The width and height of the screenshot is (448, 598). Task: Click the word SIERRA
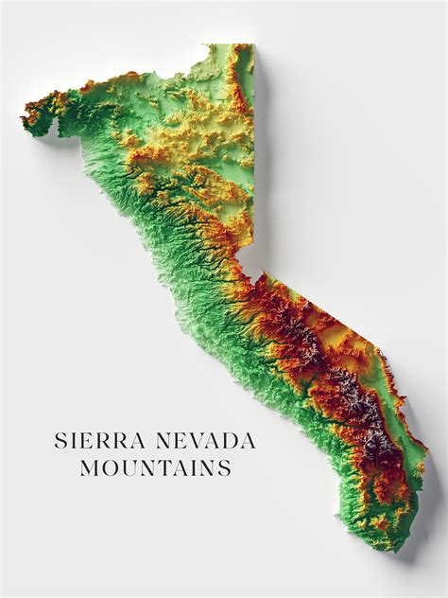pos(95,441)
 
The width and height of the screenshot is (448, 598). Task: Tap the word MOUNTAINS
pos(156,467)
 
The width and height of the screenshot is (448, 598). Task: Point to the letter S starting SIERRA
pos(60,441)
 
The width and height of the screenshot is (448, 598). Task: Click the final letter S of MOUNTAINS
pos(225,467)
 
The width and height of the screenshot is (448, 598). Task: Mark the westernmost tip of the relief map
pos(23,118)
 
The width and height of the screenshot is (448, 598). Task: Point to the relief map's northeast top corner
pos(252,44)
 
